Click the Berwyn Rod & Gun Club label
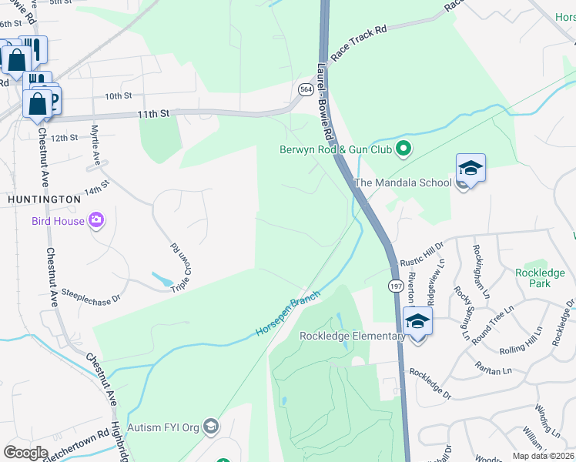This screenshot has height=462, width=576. pyautogui.click(x=336, y=149)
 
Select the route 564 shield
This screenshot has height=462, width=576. pyautogui.click(x=305, y=90)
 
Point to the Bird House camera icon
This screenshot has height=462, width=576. pyautogui.click(x=95, y=221)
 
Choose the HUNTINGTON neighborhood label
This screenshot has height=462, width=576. pyautogui.click(x=44, y=199)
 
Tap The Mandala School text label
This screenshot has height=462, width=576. pyautogui.click(x=401, y=182)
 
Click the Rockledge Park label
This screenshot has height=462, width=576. pyautogui.click(x=540, y=278)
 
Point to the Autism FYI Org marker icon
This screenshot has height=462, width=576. pyautogui.click(x=212, y=427)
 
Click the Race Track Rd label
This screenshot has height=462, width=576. pyautogui.click(x=359, y=42)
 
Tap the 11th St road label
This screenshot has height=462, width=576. pyautogui.click(x=153, y=113)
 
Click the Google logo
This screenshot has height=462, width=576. pyautogui.click(x=25, y=452)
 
